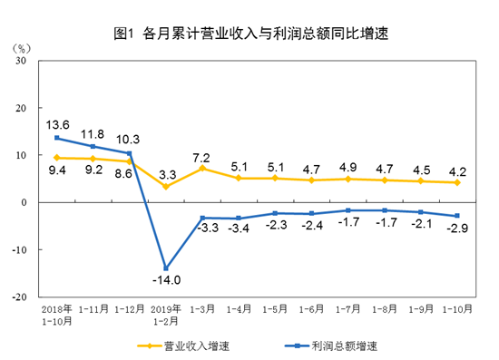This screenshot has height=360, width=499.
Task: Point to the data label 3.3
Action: tap(166, 171)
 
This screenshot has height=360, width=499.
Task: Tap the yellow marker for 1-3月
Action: tap(202, 169)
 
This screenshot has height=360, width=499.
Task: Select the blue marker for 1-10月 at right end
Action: tap(457, 216)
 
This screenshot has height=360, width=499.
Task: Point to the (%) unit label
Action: tap(21, 45)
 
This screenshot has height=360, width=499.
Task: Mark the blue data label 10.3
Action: tap(130, 139)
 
